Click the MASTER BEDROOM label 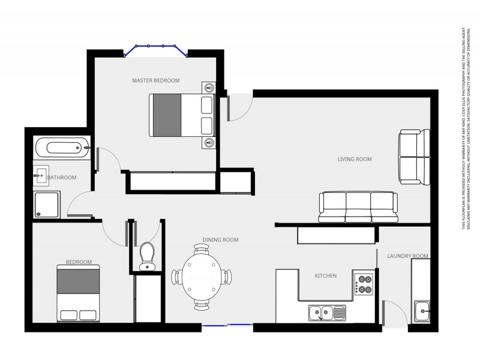pos(156,80)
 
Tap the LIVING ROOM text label pos(355,160)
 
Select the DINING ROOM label pos(220,240)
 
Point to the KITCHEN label pos(326,276)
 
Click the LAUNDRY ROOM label pos(408,256)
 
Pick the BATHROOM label pos(62,178)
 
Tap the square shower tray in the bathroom pos(47,204)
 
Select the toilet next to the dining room pos(146,256)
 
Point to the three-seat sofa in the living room pos(358,207)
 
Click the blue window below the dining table pos(227,325)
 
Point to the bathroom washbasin pos(41,176)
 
